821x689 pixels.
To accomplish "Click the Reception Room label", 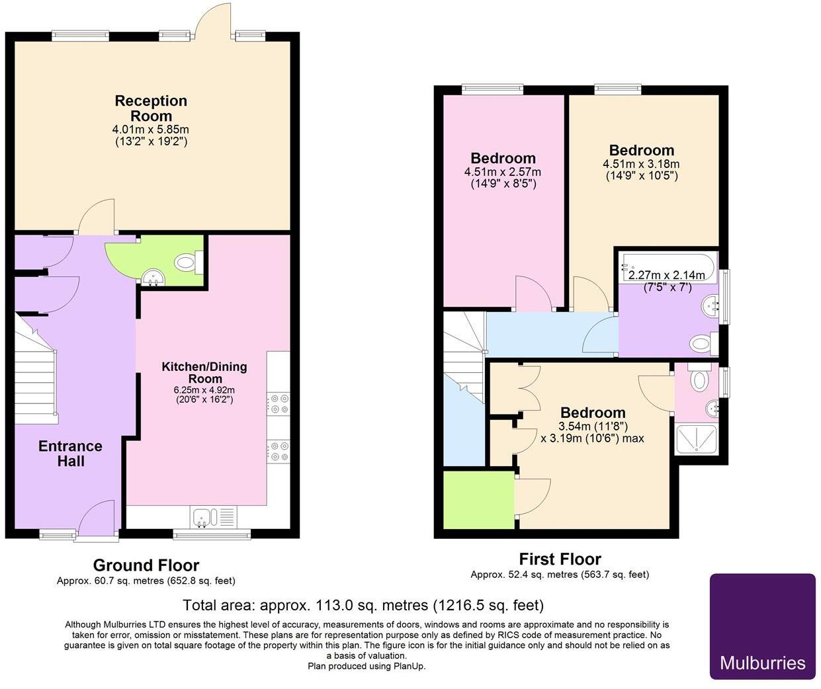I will click(x=151, y=108).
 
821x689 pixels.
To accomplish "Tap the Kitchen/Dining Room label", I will click(x=204, y=372).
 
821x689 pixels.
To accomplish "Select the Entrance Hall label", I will click(x=70, y=453).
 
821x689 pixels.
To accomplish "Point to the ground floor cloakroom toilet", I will click(x=187, y=263).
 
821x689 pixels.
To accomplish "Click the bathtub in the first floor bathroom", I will click(x=667, y=267).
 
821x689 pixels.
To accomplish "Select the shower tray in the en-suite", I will click(x=695, y=439).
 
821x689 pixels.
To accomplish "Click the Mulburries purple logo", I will click(x=762, y=626).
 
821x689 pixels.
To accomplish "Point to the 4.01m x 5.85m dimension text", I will click(x=151, y=129).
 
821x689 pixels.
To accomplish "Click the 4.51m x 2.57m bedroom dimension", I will click(x=503, y=172).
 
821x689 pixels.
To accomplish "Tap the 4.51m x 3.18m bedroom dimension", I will click(x=641, y=164).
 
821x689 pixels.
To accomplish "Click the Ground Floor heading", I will click(x=146, y=565).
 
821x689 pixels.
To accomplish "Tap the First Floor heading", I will click(x=560, y=559).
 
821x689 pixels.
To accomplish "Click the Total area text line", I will click(x=363, y=604).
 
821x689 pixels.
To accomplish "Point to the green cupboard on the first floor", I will click(x=478, y=499).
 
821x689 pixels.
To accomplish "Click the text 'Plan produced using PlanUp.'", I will click(x=367, y=666).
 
